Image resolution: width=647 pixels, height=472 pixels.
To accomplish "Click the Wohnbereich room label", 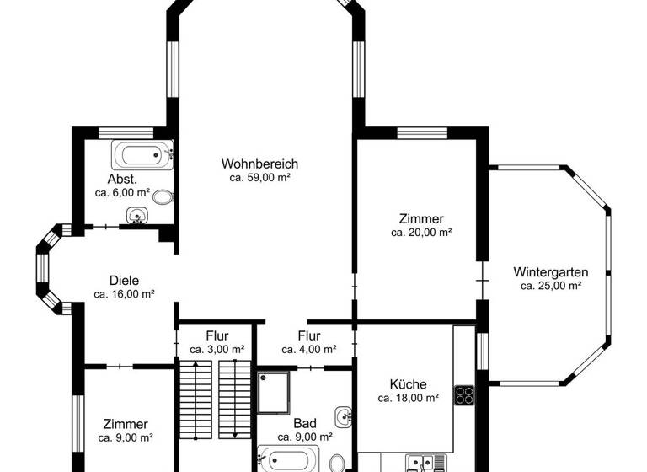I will (260, 164).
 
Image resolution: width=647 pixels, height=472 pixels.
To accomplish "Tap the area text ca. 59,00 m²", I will (260, 178).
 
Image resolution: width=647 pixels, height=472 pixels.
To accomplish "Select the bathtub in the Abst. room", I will (142, 155).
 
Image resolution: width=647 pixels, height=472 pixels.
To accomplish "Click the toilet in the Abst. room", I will (163, 197).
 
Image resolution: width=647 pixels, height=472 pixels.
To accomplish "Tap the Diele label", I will (124, 281).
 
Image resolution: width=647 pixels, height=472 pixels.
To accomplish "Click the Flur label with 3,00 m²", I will (217, 335).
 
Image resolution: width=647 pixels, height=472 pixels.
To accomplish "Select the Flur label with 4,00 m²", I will (309, 335).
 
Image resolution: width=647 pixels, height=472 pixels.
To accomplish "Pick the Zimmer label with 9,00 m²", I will (126, 424).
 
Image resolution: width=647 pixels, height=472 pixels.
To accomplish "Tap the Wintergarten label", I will (550, 271).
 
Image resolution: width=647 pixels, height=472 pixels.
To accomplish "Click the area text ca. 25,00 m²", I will (550, 286).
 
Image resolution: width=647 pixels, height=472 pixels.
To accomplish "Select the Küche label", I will (408, 383).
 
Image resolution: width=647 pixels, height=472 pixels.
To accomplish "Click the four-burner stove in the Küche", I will (464, 396).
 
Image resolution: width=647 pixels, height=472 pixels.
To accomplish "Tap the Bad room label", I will (304, 423).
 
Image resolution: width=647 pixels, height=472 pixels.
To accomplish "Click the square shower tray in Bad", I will (274, 392).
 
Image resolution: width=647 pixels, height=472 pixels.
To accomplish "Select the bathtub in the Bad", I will (289, 460).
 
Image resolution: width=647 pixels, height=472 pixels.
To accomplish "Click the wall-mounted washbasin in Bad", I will (343, 416).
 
